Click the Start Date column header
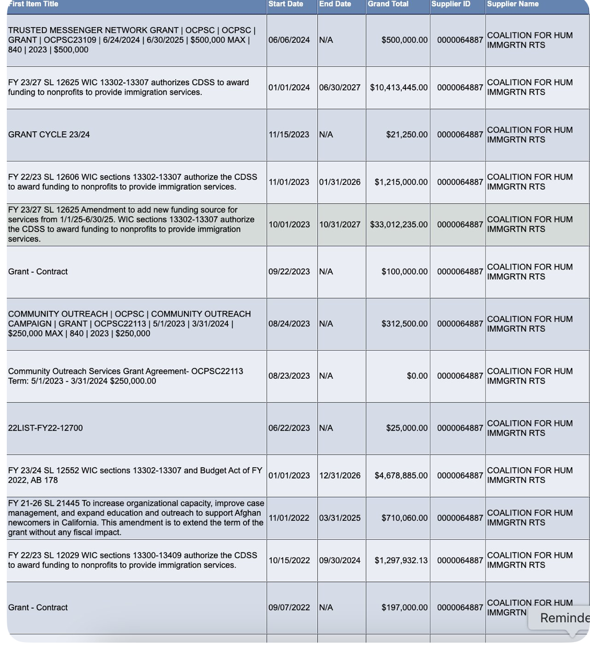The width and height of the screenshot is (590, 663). click(x=285, y=4)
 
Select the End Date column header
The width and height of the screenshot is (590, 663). click(x=335, y=4)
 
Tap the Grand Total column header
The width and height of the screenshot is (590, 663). click(x=388, y=4)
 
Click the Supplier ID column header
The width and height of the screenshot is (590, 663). click(x=450, y=4)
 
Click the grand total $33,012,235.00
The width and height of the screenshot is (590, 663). click(x=399, y=225)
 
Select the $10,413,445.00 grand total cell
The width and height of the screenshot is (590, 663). click(x=399, y=88)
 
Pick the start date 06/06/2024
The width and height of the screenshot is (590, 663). click(x=289, y=40)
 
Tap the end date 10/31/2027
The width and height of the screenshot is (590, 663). click(x=340, y=225)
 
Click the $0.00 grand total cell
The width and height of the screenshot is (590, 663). click(x=417, y=376)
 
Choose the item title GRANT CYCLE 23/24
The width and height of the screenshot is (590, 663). click(x=49, y=135)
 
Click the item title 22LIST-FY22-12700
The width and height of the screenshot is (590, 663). click(x=45, y=428)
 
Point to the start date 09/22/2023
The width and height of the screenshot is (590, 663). click(x=289, y=272)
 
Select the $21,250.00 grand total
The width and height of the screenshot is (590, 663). click(x=407, y=135)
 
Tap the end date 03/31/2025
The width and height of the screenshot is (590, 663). click(x=340, y=518)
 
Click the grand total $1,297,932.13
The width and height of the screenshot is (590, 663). click(x=401, y=561)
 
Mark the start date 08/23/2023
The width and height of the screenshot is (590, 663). click(x=289, y=376)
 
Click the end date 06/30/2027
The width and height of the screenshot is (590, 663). click(x=340, y=88)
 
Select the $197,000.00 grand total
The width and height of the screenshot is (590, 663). click(x=404, y=608)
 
